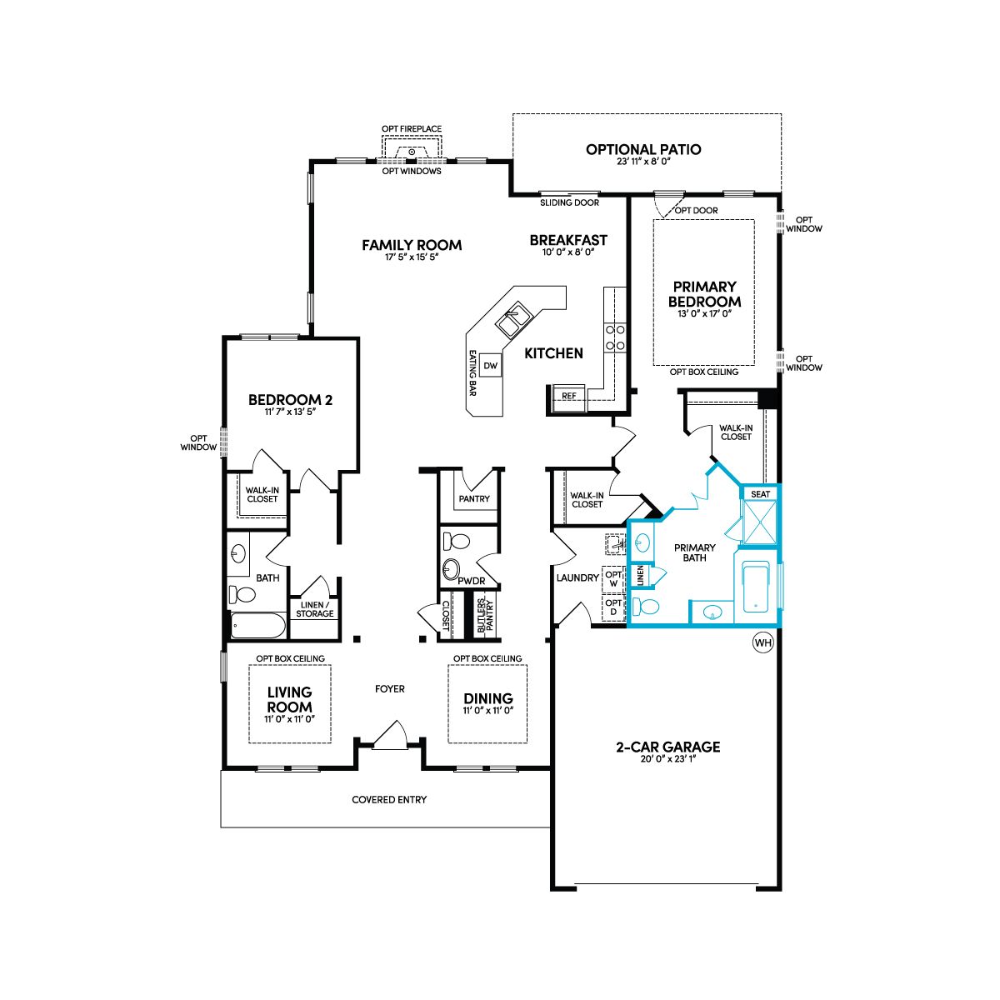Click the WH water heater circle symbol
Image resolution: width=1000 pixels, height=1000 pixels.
tap(762, 643)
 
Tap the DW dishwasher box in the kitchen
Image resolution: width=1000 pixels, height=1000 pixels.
tap(490, 366)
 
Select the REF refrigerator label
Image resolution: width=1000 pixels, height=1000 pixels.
tap(569, 396)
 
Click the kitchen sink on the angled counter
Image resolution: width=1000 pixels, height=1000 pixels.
tap(513, 320)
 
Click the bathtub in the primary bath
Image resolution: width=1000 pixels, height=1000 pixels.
tap(758, 588)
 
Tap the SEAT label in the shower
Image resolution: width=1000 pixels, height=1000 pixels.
tap(760, 494)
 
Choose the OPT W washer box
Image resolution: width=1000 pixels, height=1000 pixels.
tap(612, 578)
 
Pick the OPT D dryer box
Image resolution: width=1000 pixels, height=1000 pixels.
tap(612, 607)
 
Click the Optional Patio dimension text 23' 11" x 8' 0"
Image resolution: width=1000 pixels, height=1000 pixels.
tap(643, 162)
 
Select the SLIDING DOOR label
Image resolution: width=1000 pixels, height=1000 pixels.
tap(569, 202)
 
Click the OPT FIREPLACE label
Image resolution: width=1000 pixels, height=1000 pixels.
tap(412, 128)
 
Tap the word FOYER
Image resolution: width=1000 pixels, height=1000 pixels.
tap(390, 688)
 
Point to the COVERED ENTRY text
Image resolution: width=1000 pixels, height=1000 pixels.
tap(389, 800)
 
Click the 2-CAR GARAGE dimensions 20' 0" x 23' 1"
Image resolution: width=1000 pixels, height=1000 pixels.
tap(667, 759)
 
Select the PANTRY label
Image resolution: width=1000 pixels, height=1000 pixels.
tap(474, 498)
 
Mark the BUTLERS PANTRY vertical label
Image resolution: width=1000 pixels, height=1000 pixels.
tap(485, 616)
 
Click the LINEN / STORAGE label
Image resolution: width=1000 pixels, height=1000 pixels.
tap(314, 609)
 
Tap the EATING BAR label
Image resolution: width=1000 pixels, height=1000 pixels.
tap(472, 373)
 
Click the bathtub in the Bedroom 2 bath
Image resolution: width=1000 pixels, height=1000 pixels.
tap(257, 626)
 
